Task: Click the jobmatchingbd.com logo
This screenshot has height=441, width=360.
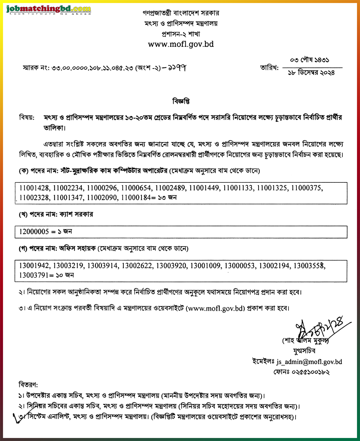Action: pyautogui.click(x=49, y=9)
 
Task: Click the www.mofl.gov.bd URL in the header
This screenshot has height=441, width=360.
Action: pyautogui.click(x=181, y=44)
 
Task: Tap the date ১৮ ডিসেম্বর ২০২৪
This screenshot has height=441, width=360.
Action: pyautogui.click(x=311, y=73)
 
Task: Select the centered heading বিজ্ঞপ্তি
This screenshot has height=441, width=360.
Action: pyautogui.click(x=181, y=101)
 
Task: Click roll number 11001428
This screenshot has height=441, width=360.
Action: pyautogui.click(x=34, y=188)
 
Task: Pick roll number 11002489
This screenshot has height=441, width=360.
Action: pyautogui.click(x=170, y=188)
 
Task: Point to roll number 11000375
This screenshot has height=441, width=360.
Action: pyautogui.click(x=306, y=188)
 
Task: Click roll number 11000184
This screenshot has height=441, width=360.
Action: pyautogui.click(x=136, y=198)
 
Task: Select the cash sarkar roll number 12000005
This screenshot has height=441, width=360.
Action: pyautogui.click(x=34, y=232)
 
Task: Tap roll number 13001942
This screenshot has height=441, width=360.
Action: pyautogui.click(x=34, y=266)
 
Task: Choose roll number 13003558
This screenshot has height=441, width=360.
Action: pyautogui.click(x=309, y=266)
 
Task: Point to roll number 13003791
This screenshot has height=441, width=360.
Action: pyautogui.click(x=34, y=275)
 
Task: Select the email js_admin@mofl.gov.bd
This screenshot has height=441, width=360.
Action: pyautogui.click(x=309, y=362)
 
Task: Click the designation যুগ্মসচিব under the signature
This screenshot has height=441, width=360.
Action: pyautogui.click(x=304, y=351)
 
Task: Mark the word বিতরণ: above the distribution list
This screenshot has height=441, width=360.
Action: pyautogui.click(x=28, y=385)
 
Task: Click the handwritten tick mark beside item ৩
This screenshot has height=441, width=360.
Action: pyautogui.click(x=18, y=417)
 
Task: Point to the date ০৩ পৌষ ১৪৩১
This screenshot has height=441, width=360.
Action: pyautogui.click(x=309, y=60)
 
